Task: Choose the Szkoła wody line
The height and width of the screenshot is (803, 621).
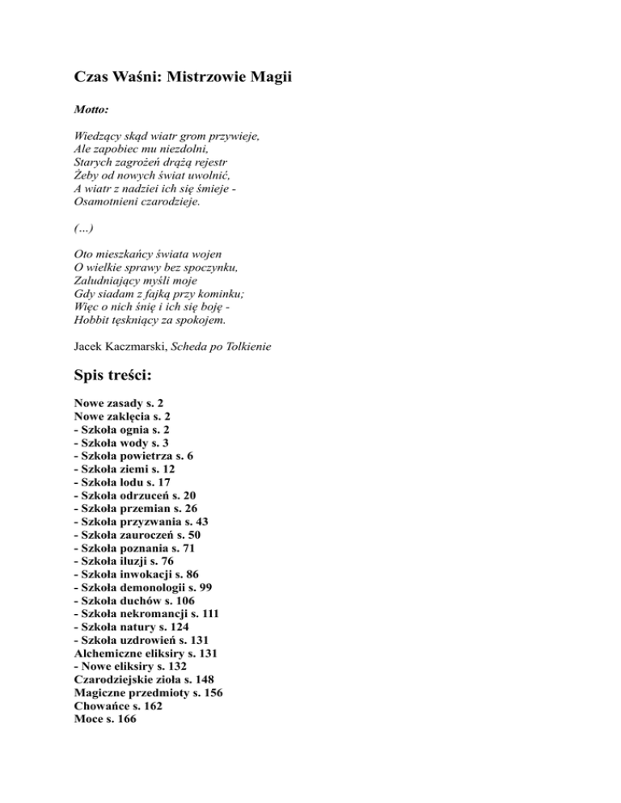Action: tap(120, 444)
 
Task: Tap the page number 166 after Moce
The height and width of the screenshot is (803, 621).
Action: tap(126, 719)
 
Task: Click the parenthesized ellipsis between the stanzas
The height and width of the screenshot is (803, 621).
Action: tap(83, 229)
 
